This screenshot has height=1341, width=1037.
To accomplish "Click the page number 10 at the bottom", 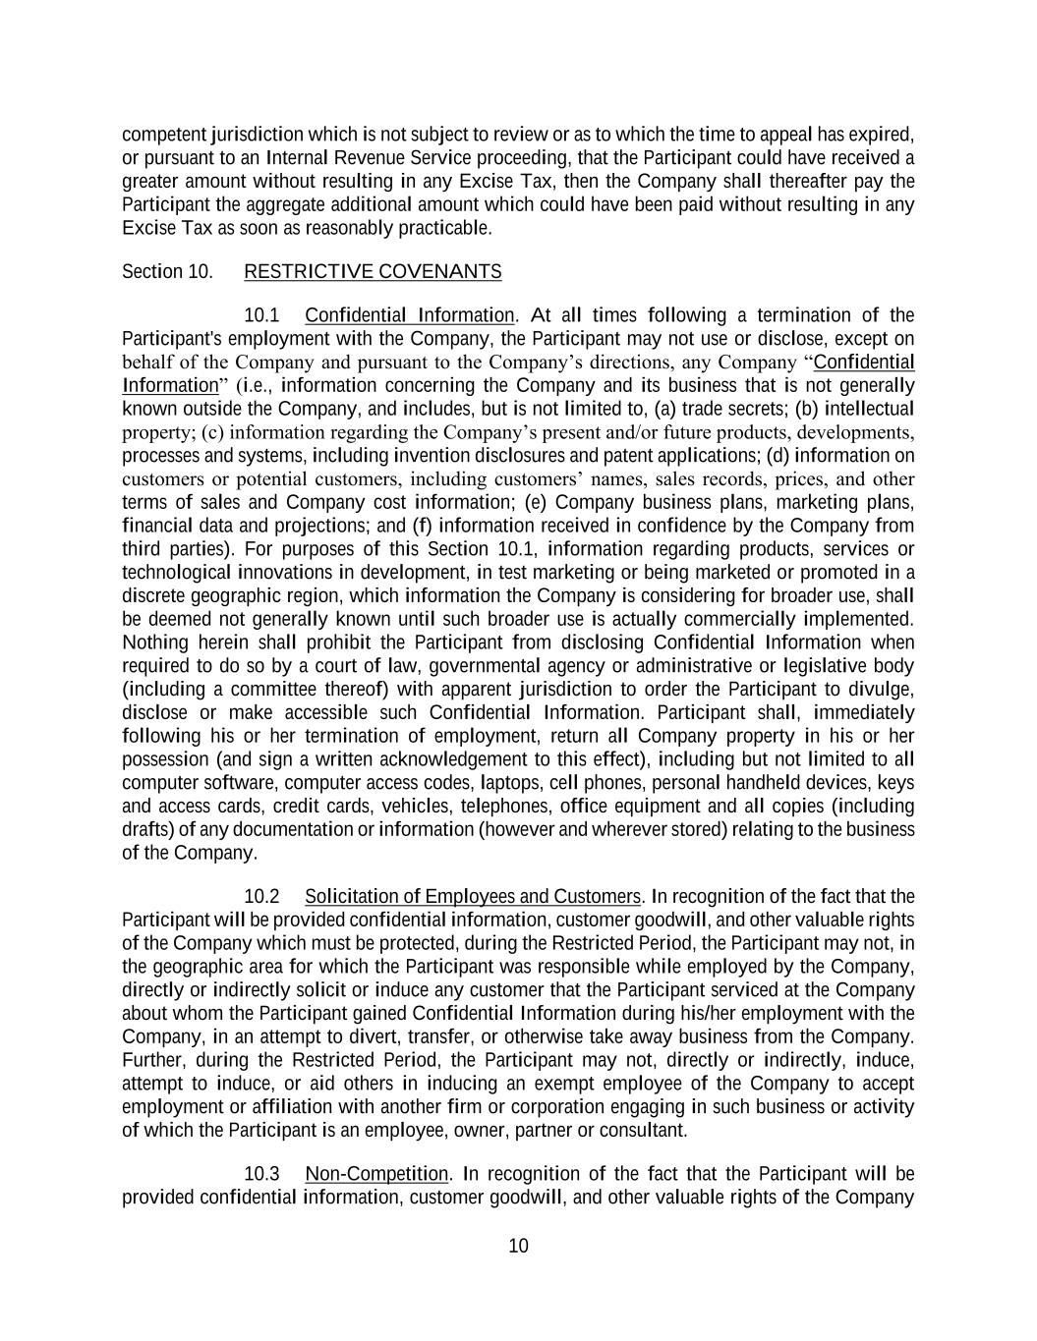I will coord(518,1246).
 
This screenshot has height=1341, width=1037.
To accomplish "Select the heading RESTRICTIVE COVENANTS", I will coord(373,271).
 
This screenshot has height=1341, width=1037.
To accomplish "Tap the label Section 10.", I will coord(167,271).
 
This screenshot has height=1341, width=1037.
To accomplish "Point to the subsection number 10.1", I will coord(261,315).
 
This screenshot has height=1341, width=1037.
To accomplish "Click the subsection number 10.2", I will coord(261,896).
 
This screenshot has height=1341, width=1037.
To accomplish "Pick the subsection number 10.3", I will coord(261,1174).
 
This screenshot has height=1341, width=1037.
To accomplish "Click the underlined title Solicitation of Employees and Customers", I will coord(473,896).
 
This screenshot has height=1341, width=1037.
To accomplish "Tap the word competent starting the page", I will coord(163,135).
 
